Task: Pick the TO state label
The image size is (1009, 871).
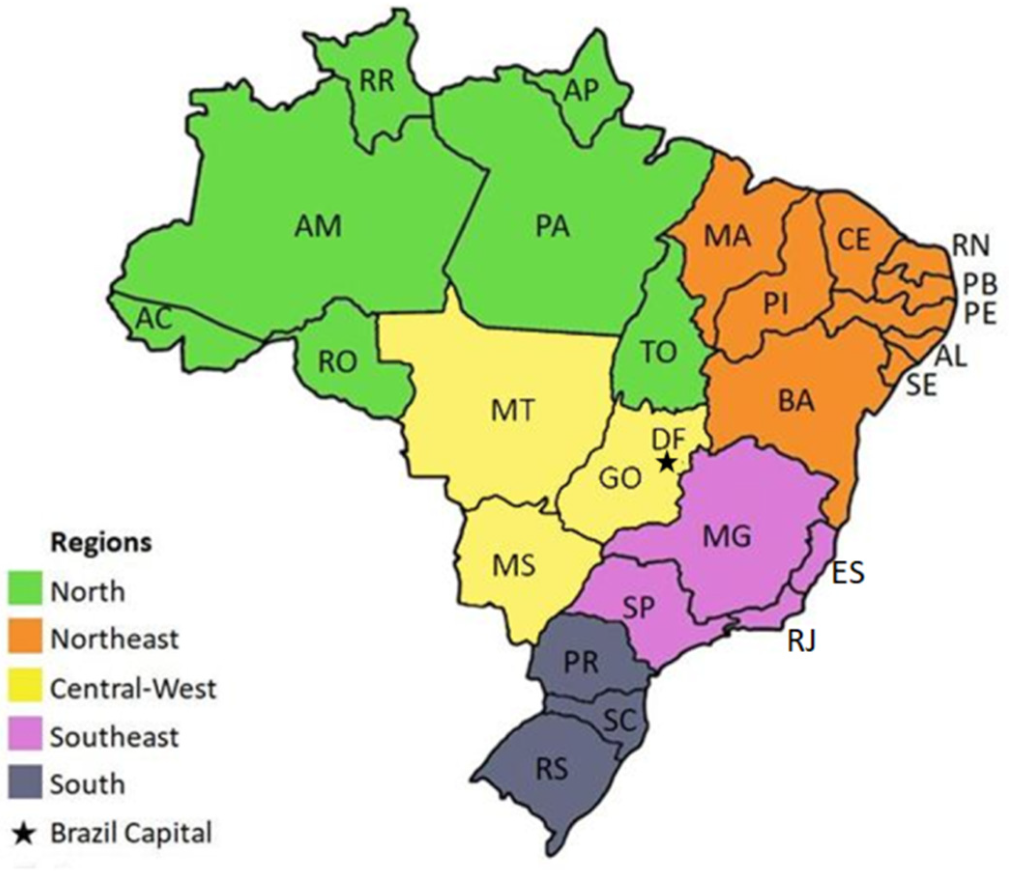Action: click(659, 351)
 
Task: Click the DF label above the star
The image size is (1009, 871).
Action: click(669, 439)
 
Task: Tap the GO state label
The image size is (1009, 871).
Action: click(620, 479)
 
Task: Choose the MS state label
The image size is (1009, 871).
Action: click(514, 566)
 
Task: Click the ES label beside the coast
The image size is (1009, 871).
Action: click(848, 573)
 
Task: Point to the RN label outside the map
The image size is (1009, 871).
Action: click(971, 246)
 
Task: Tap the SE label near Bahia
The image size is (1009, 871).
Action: click(922, 385)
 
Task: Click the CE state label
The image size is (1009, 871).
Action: click(854, 240)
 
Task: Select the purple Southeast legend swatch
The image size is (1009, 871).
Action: click(25, 736)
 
